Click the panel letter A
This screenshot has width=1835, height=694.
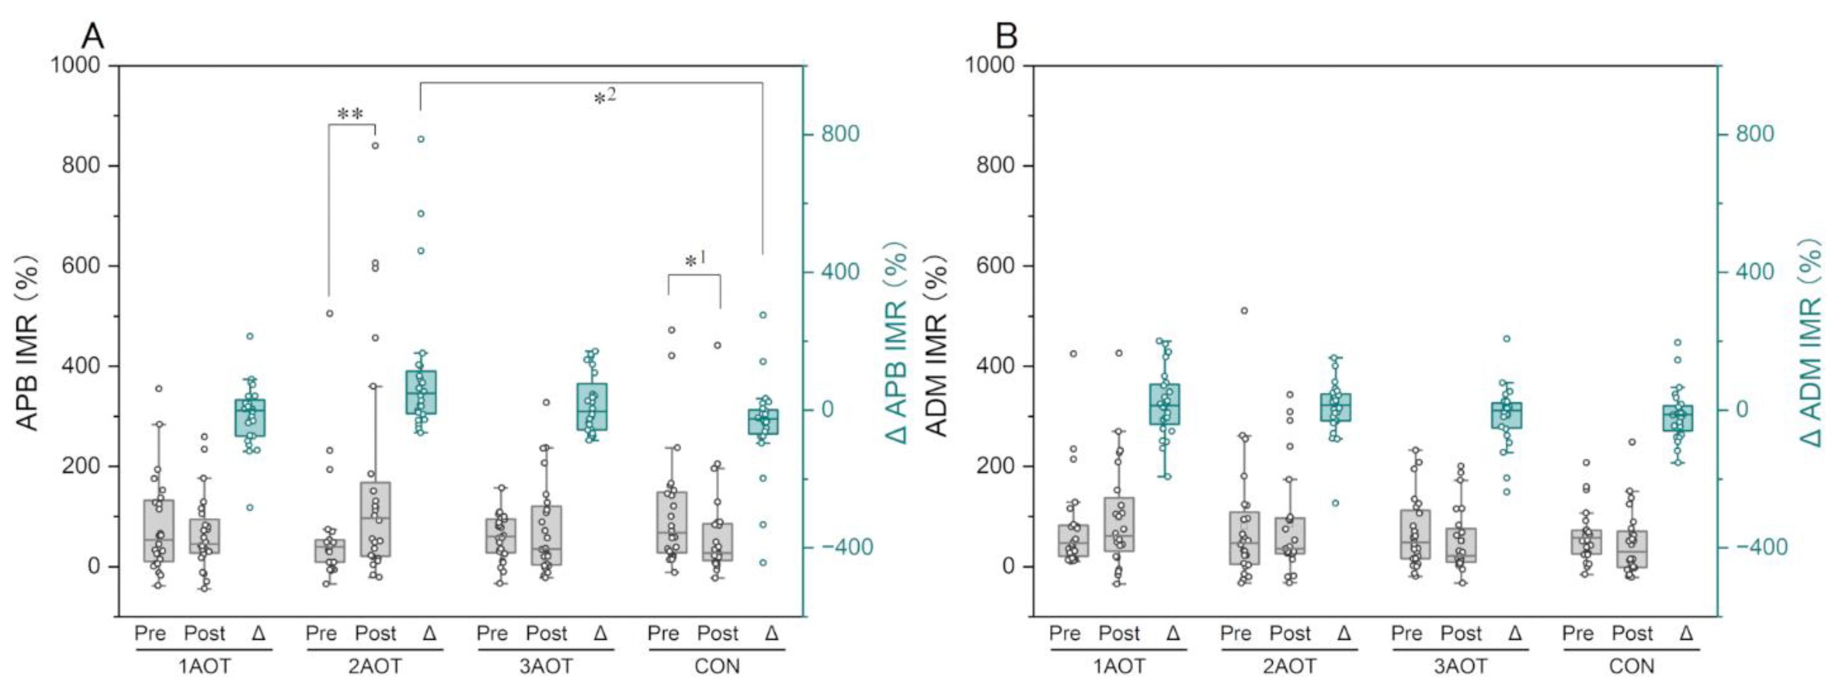[93, 36]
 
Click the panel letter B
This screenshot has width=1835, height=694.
[1006, 36]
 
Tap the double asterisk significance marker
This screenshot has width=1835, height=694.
[350, 114]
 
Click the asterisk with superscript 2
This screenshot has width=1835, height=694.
[604, 97]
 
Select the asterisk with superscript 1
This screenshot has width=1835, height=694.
[695, 261]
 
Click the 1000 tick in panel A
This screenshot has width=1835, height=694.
[74, 65]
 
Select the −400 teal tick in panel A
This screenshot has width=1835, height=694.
[845, 547]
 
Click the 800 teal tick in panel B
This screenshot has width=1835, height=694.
[1754, 134]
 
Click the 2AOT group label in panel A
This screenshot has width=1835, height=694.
[375, 666]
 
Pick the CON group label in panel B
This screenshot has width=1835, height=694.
[1631, 666]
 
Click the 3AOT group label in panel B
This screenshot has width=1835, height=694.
[1460, 666]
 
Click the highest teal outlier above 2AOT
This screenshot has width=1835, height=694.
[421, 139]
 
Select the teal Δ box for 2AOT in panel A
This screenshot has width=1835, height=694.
[421, 392]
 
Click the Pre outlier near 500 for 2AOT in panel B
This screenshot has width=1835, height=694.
[1244, 311]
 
